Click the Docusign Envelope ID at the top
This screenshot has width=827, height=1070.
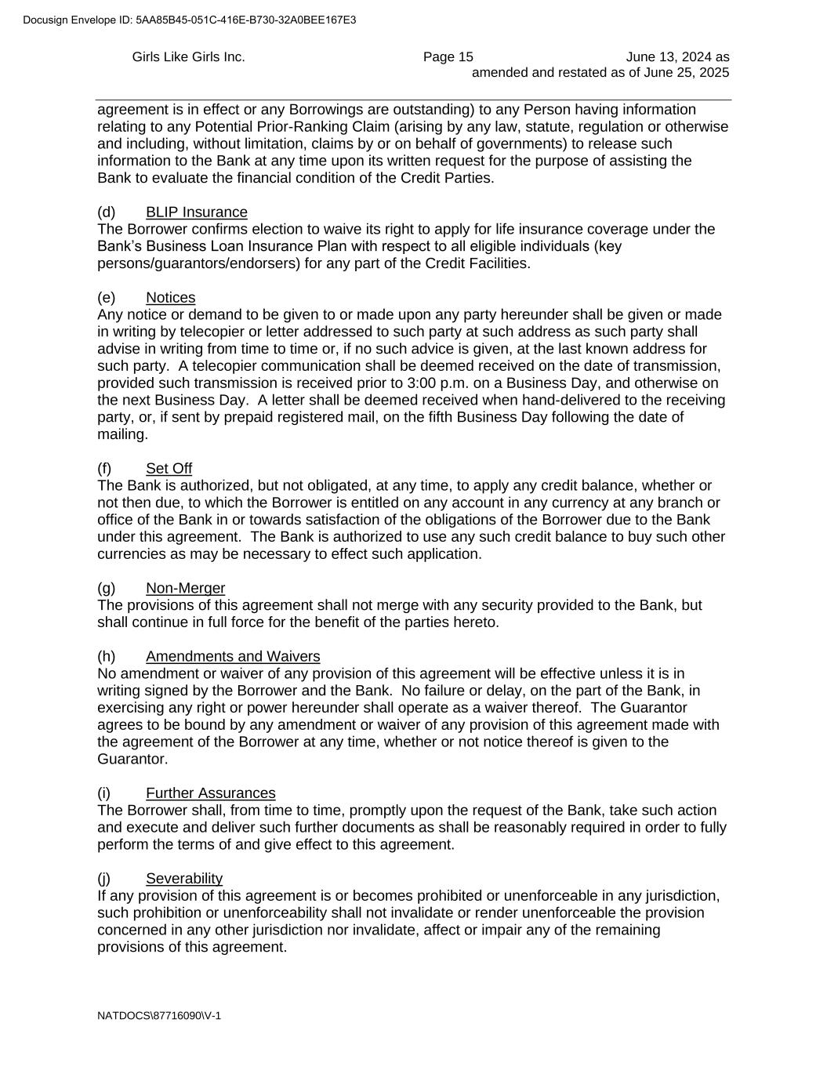(x=189, y=20)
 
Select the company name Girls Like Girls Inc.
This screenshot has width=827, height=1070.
(x=188, y=57)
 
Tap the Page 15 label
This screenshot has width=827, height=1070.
(x=448, y=57)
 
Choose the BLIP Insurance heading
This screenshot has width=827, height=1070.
(x=196, y=212)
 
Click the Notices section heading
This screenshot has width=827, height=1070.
(x=170, y=298)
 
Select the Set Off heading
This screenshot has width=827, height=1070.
(x=169, y=469)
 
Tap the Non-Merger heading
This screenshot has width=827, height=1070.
(x=185, y=589)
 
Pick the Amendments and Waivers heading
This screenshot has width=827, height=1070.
(x=233, y=657)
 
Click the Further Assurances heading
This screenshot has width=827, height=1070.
(x=210, y=793)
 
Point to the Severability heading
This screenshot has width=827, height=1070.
(x=184, y=879)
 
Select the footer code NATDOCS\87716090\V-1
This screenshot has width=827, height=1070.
(x=159, y=1016)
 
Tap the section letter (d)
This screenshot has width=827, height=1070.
(x=106, y=212)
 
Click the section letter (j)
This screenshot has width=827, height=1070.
(x=104, y=879)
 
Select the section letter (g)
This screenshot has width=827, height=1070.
(x=106, y=589)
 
